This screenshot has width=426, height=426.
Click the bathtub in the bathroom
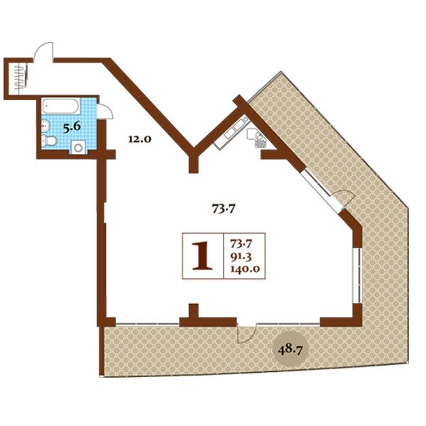tap(61, 106)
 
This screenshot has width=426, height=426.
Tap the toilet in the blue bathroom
tap(49, 141)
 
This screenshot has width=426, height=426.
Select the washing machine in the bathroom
tap(78, 147)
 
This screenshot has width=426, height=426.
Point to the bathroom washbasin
tap(45, 126)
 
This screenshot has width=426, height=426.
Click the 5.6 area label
tap(72, 127)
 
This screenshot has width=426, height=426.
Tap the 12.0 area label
tap(139, 139)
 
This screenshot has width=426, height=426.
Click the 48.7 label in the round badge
tap(290, 349)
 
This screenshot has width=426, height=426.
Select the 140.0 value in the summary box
tap(245, 268)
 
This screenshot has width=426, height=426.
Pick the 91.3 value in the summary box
tap(241, 256)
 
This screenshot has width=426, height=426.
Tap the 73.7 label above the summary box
tap(224, 209)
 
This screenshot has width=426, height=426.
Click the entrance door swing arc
tap(42, 50)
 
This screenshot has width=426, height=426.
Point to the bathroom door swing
tap(105, 111)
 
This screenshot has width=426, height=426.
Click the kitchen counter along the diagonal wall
tap(231, 132)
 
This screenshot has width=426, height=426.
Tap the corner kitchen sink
tap(257, 138)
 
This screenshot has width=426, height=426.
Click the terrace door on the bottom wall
tap(247, 333)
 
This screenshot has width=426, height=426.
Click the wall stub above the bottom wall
tap(193, 311)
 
